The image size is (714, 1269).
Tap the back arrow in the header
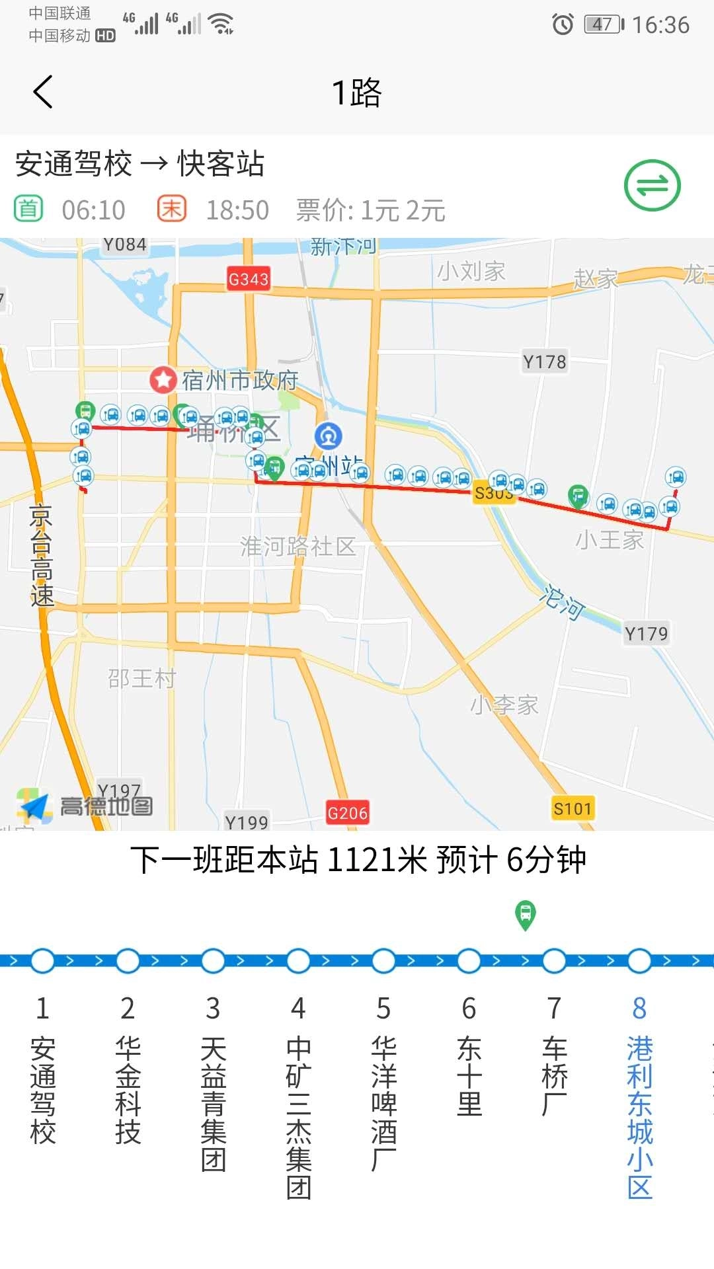tap(43, 92)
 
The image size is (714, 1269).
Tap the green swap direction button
tap(652, 186)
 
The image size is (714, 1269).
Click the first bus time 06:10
tap(93, 210)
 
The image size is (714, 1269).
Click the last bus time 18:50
tap(237, 210)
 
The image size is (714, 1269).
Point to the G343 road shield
tap(249, 279)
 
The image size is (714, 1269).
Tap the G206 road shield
tap(347, 812)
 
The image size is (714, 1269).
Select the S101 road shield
tap(573, 808)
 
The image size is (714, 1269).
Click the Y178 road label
tap(545, 362)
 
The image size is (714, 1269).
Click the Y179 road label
tap(646, 633)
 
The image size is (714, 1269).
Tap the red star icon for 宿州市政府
tap(163, 379)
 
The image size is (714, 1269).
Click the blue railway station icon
tap(329, 436)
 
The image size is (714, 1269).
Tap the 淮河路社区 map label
tap(298, 547)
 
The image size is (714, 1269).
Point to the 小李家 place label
tap(504, 705)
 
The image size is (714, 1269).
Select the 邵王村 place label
tap(142, 678)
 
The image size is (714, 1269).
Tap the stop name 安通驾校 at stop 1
tap(43, 1091)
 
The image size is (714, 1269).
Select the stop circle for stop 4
tap(298, 960)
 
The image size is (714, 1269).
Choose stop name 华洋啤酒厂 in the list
tap(383, 1104)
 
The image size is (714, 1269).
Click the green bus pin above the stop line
tap(526, 915)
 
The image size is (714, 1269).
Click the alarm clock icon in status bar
tap(563, 24)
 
